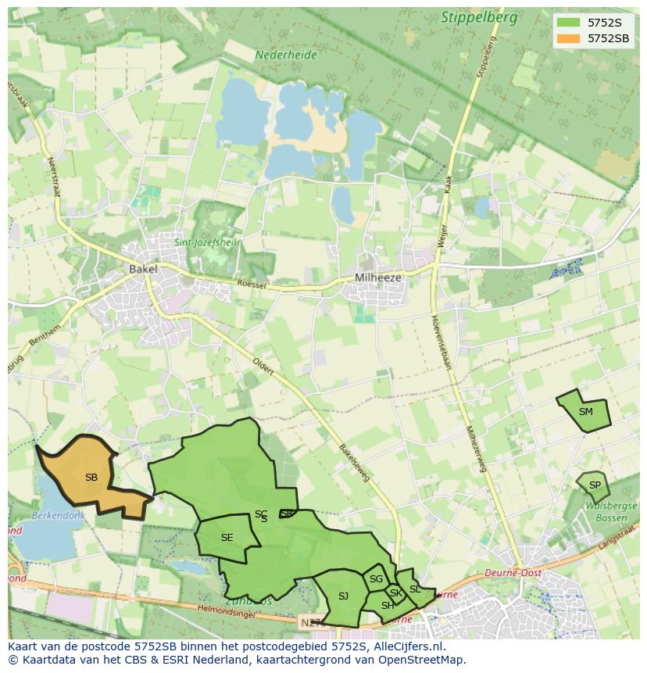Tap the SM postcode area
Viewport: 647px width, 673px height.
point(584,412)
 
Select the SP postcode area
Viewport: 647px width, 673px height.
point(594,485)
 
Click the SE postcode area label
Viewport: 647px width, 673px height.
point(227,538)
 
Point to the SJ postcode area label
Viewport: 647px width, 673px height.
point(343,596)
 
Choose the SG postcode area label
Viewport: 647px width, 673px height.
point(376,579)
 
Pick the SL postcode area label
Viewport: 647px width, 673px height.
point(414,589)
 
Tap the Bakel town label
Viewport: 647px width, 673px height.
point(143,269)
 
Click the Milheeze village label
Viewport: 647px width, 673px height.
point(377,277)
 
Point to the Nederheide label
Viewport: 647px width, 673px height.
point(285,55)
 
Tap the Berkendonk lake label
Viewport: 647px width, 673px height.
point(57,516)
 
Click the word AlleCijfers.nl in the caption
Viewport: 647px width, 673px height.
point(406,646)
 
